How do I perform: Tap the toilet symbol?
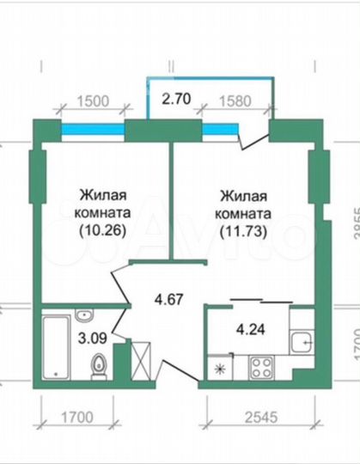tap(101, 366)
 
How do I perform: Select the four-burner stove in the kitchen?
tap(259, 370)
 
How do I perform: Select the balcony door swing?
tap(254, 136)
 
